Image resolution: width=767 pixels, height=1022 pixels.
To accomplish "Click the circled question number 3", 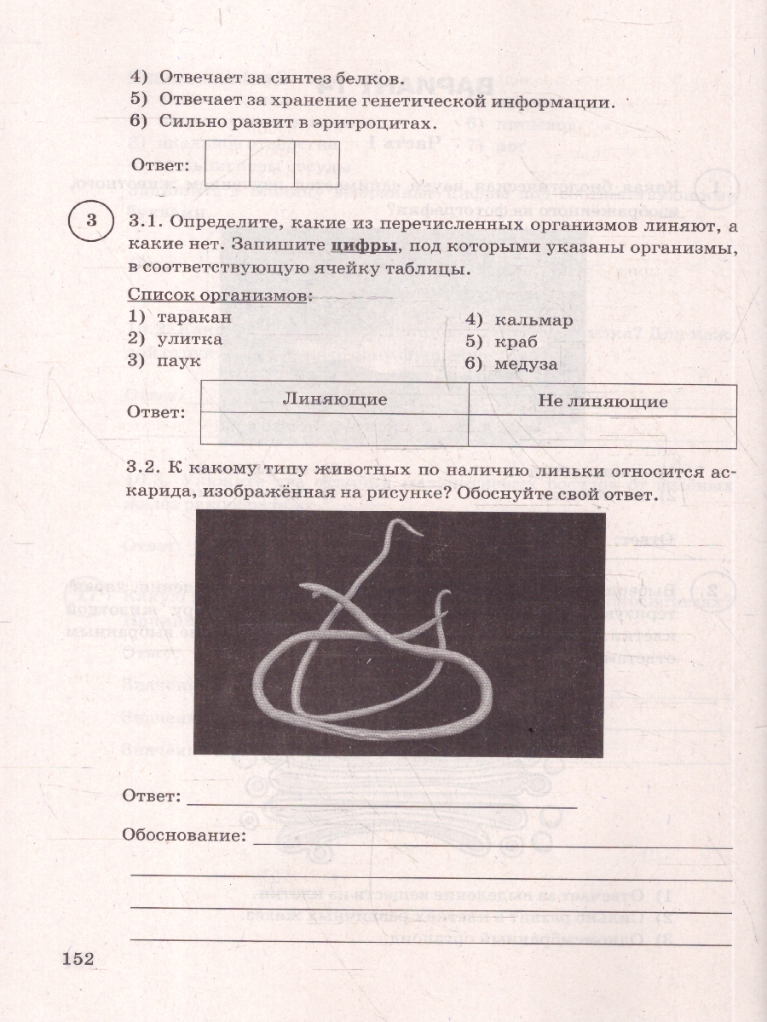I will (91, 222).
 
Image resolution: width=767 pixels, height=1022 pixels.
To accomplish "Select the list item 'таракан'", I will (193, 317).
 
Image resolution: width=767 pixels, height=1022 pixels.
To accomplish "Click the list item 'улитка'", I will (189, 339).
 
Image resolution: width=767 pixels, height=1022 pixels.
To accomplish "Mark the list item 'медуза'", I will (523, 364).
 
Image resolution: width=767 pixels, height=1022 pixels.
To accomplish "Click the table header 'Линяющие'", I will (335, 399).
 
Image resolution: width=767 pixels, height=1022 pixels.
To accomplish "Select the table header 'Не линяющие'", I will (603, 400).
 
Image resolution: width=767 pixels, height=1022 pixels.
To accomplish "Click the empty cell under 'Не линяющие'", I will (603, 429).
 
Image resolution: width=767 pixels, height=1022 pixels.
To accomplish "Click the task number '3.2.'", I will (144, 471).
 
